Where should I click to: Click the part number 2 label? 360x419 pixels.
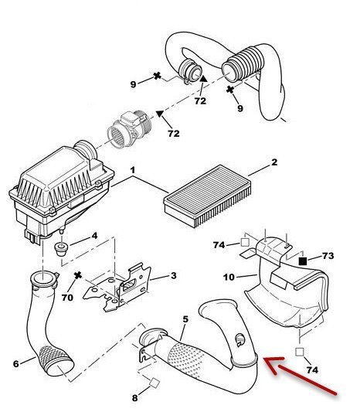[274, 162]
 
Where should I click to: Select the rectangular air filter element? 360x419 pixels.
[208, 196]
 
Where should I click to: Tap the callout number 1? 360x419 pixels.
[133, 170]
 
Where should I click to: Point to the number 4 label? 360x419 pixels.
[94, 236]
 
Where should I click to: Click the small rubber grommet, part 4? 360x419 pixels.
[62, 248]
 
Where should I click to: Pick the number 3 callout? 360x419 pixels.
[174, 275]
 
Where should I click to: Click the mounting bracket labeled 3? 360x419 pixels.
[117, 288]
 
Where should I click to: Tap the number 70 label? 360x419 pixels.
[67, 297]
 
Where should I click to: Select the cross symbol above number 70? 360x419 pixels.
[78, 275]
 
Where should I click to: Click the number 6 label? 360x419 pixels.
[16, 363]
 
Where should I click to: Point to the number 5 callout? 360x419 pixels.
[185, 319]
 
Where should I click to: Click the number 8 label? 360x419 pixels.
[135, 398]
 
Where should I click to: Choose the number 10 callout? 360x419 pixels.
[229, 277]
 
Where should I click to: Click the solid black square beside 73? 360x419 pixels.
[303, 261]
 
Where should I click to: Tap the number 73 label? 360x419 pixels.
[328, 256]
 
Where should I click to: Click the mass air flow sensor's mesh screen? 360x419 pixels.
[117, 136]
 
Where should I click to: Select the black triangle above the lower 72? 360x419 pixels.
[160, 114]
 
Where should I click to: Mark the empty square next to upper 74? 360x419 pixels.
[245, 243]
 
